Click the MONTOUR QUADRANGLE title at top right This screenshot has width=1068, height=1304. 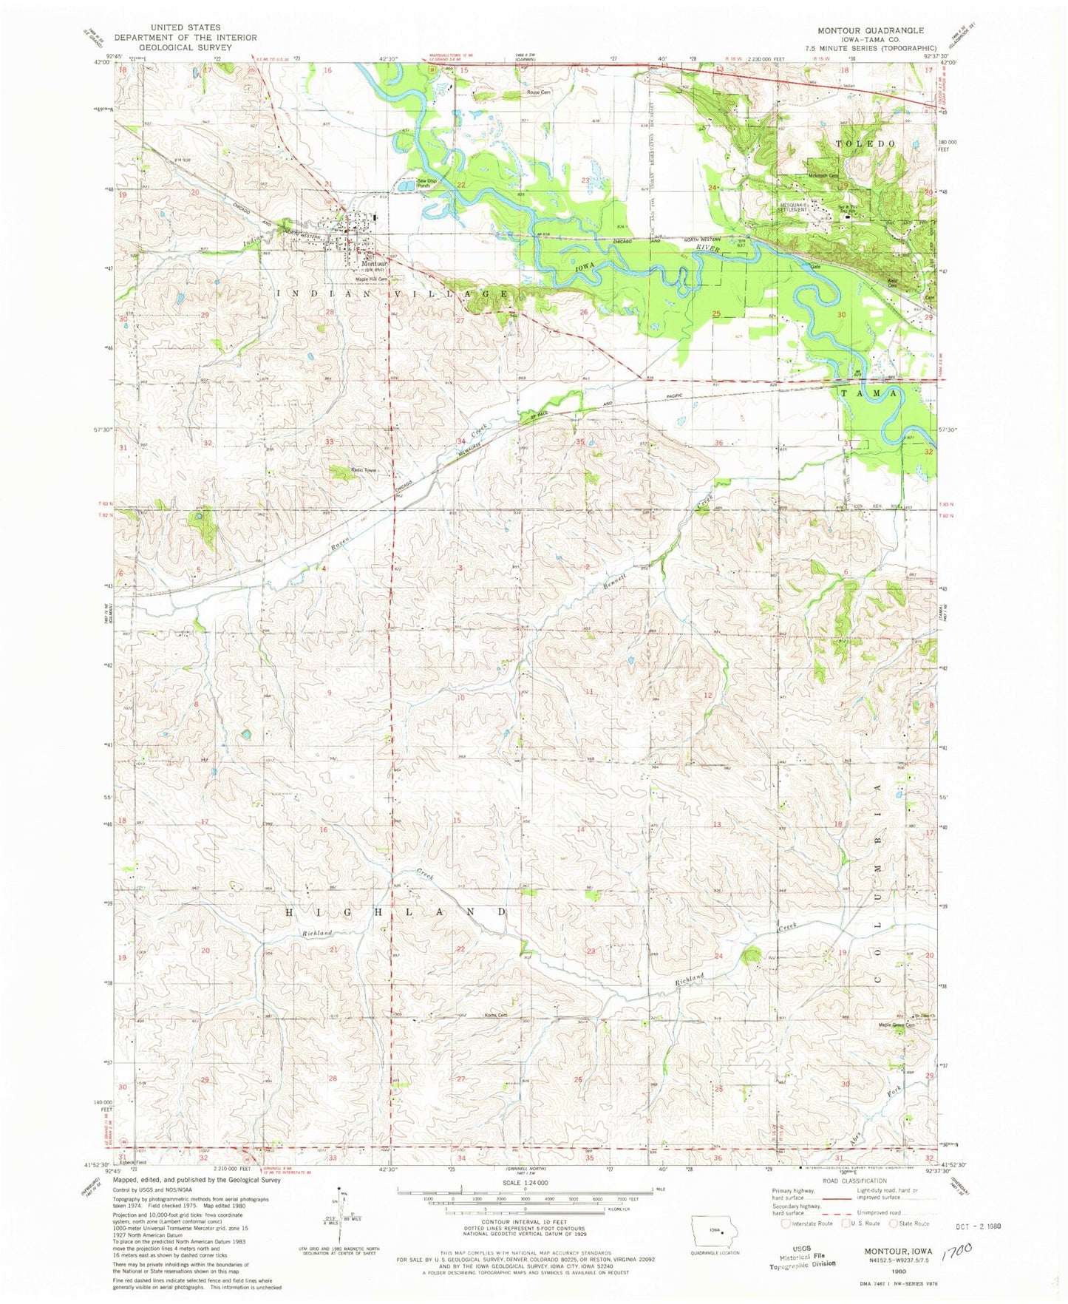click(870, 30)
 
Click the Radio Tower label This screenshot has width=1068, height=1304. click(364, 470)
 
